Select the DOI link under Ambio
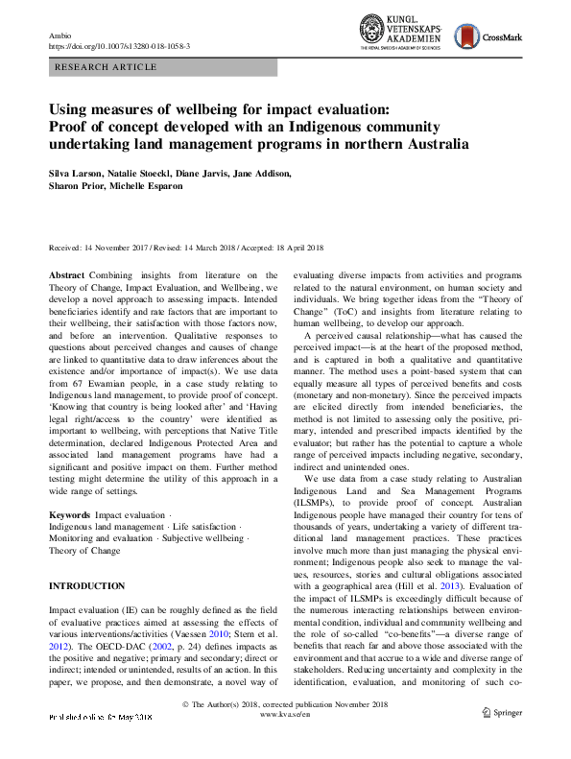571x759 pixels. coord(118,45)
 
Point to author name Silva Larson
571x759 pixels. coord(77,174)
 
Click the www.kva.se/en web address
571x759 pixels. coord(285,742)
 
